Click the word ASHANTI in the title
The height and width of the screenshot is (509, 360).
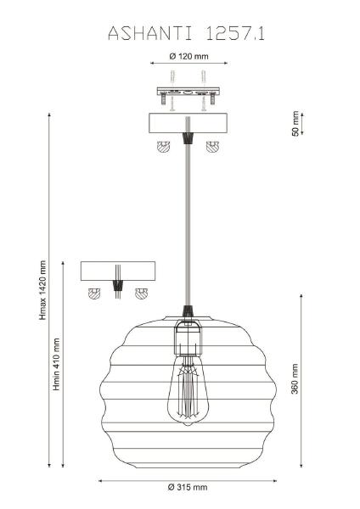click(x=150, y=33)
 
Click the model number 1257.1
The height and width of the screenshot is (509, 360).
click(x=235, y=33)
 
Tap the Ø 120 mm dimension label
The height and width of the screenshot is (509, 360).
click(x=188, y=56)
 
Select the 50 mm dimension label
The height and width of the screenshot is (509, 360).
click(x=295, y=124)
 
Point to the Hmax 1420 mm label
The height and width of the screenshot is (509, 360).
click(x=42, y=290)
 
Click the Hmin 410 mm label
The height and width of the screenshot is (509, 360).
click(x=57, y=364)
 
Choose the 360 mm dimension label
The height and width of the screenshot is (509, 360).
click(x=295, y=379)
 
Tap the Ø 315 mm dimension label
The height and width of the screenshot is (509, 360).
click(x=188, y=487)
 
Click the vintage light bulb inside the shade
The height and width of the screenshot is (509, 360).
click(x=188, y=390)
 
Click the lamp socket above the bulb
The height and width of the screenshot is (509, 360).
click(x=188, y=338)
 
